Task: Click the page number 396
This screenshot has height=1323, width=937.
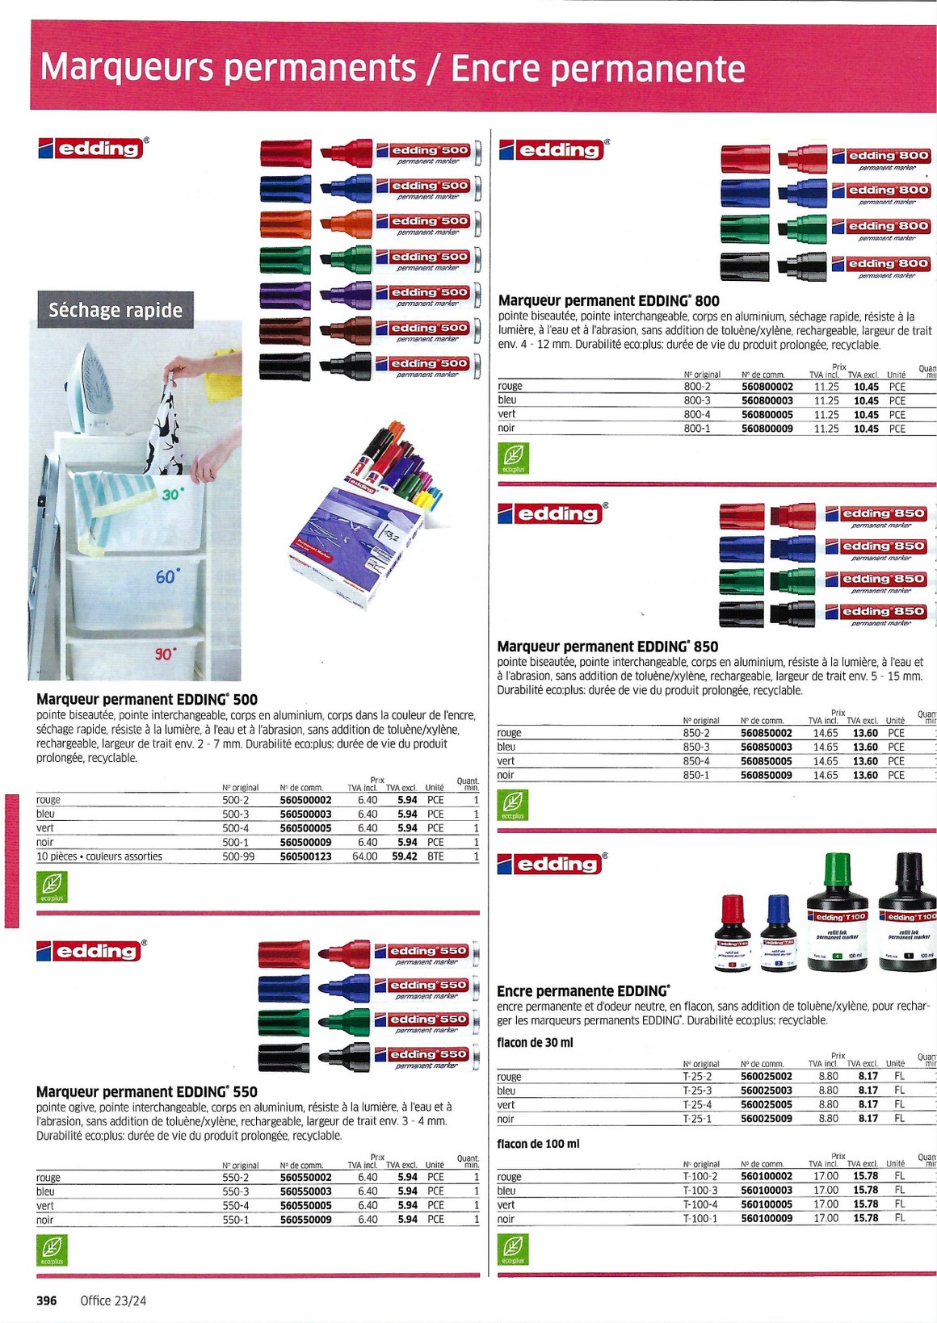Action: [x=47, y=1300]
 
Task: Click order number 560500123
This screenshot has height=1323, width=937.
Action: [x=305, y=856]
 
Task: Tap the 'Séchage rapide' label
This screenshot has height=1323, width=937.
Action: [x=116, y=310]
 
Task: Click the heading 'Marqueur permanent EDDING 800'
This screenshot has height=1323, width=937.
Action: [x=608, y=301]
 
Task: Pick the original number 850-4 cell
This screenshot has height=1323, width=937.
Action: [x=696, y=761]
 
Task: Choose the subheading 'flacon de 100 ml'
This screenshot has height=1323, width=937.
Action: [x=538, y=1144]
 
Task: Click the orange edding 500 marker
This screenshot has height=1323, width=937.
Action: [x=369, y=222]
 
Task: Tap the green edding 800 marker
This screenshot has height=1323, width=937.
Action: [x=824, y=228]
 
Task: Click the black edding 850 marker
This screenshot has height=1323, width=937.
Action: [x=824, y=613]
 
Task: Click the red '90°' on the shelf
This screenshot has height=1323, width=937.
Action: [x=165, y=653]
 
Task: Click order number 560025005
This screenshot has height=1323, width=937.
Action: [x=766, y=1105]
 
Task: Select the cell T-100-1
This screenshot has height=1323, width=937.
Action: [x=700, y=1218]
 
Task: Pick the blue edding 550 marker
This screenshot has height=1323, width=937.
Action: [x=368, y=987]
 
